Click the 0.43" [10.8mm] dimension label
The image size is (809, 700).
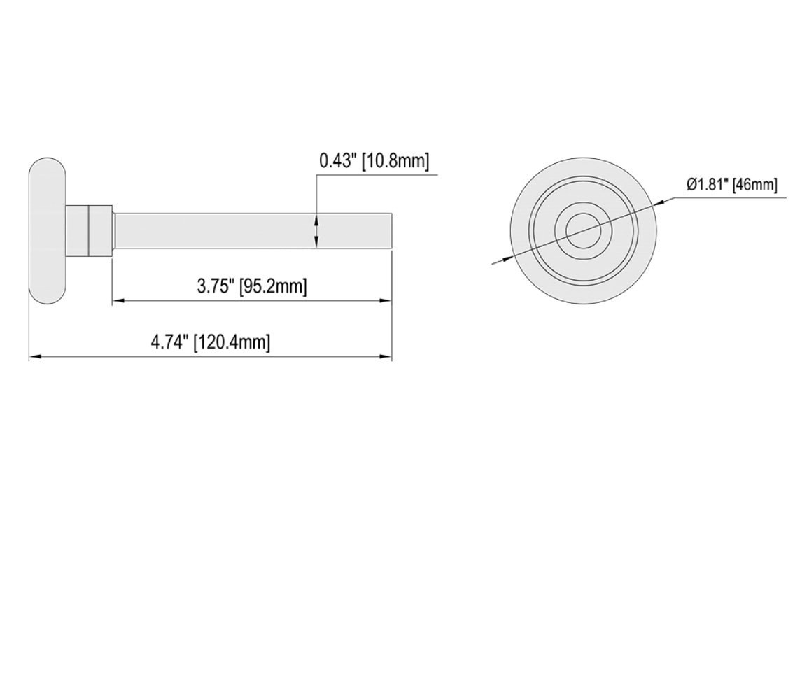point(374,160)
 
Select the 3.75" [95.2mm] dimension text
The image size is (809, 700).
point(252,286)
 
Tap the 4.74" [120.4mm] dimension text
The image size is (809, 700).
point(211,342)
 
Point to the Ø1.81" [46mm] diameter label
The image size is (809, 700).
point(731,185)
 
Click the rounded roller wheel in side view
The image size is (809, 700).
point(48,231)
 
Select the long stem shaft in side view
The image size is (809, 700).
point(252,230)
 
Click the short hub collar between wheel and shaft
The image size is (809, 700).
point(90,230)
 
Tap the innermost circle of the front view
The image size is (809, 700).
point(583,230)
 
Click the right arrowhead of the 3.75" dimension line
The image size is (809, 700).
point(385,301)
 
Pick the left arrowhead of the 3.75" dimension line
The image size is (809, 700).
point(119,301)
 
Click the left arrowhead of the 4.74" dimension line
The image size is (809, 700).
point(35,357)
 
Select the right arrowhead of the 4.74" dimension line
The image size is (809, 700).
point(385,357)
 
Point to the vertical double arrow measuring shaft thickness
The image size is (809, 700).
point(317,230)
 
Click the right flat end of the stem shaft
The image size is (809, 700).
point(391,230)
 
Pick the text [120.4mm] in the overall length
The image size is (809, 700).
point(232,342)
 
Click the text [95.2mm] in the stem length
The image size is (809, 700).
point(273,286)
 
